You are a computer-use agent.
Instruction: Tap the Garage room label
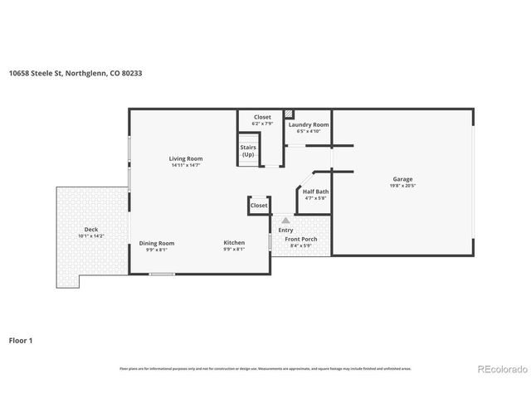(402, 179)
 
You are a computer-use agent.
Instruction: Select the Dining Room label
(157, 243)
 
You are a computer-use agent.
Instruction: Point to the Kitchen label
(234, 243)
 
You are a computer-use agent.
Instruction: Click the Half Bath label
(315, 192)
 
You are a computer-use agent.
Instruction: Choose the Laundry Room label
(309, 124)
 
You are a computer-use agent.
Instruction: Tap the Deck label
(91, 229)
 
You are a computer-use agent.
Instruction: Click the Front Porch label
(301, 239)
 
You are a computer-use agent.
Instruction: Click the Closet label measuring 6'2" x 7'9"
(262, 117)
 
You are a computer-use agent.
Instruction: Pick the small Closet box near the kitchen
(259, 205)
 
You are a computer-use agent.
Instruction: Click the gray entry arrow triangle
(285, 221)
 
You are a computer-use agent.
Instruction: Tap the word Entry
(285, 230)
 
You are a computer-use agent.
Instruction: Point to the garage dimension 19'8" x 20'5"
(402, 186)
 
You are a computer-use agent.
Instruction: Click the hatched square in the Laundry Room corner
(290, 114)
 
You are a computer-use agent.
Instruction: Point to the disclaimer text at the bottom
(265, 368)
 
